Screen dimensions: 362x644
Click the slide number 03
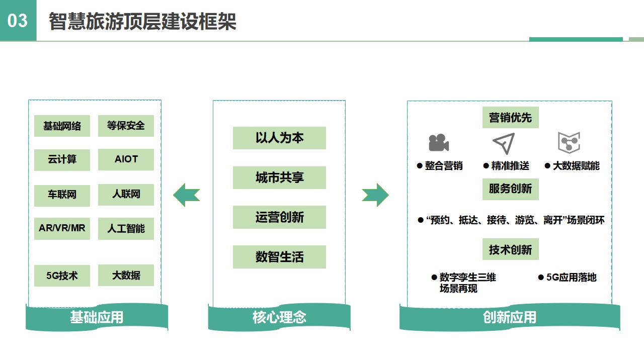click(18, 21)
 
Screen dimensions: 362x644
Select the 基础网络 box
click(62, 126)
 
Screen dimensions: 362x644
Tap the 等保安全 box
click(126, 126)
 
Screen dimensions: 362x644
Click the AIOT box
click(126, 159)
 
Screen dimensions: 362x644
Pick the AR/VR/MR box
click(62, 228)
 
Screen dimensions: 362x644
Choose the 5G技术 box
click(62, 276)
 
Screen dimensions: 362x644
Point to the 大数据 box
click(126, 276)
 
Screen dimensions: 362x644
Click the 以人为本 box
click(279, 138)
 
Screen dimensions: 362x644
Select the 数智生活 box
click(279, 257)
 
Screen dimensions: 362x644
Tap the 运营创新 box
click(279, 217)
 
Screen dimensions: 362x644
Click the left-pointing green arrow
click(187, 195)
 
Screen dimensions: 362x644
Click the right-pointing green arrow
click(375, 195)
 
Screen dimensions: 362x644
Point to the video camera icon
click(438, 143)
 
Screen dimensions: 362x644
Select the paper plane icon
click(504, 143)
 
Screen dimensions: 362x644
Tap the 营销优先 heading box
click(510, 118)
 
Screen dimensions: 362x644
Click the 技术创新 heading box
click(510, 249)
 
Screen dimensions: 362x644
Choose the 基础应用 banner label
click(97, 317)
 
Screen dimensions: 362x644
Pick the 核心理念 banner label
click(279, 317)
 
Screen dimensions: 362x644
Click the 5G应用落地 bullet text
click(571, 278)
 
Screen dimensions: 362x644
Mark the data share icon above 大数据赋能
click(569, 142)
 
